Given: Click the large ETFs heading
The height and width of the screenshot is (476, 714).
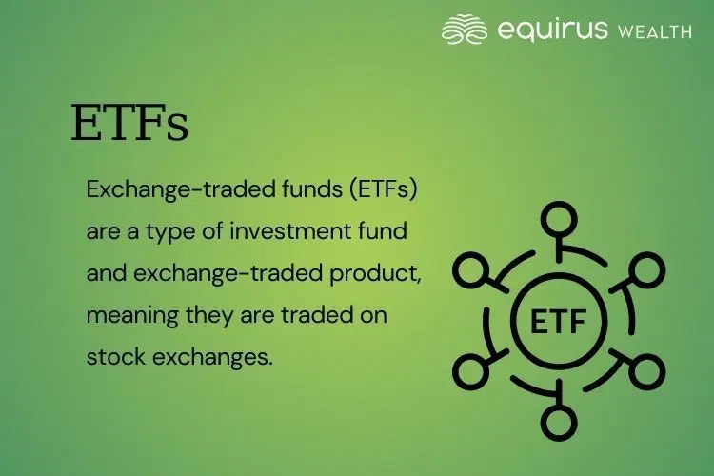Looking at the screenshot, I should pos(129,124).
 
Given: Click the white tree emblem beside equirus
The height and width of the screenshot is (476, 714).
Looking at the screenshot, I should pos(465,30).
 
